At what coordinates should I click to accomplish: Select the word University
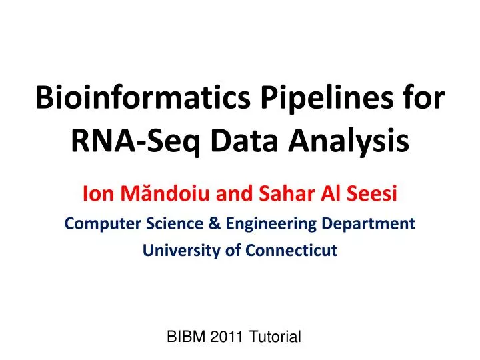pyautogui.click(x=173, y=251)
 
